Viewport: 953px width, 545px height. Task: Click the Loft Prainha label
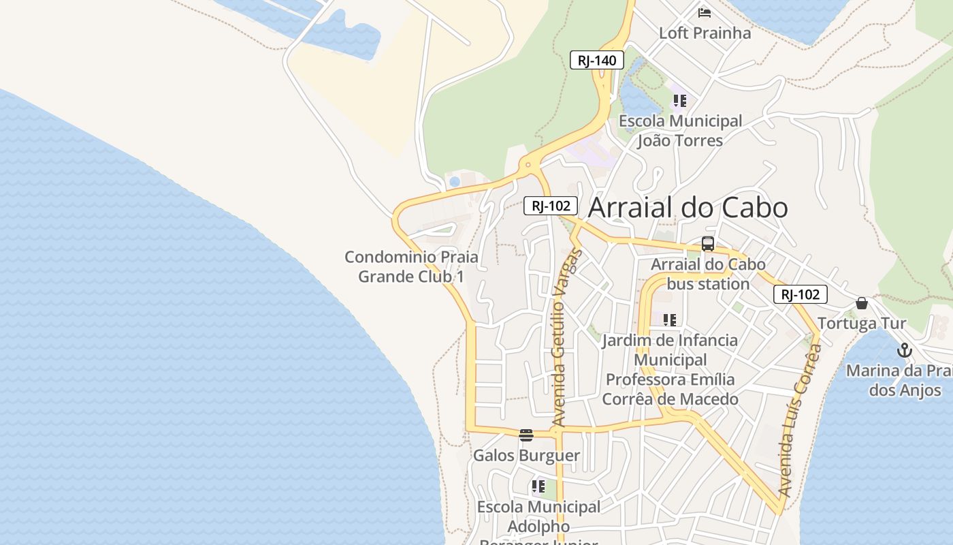coord(705,33)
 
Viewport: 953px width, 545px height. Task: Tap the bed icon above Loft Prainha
coord(705,12)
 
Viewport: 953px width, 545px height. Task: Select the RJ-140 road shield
coord(597,60)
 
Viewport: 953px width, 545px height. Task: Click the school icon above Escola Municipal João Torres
coord(679,101)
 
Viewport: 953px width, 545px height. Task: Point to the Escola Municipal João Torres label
coord(680,131)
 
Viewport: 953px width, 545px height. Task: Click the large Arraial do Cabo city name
coord(688,208)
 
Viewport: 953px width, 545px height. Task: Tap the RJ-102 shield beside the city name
coord(551,205)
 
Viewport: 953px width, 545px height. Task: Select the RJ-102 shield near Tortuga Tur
coord(801,294)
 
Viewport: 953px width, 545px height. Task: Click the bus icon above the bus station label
coord(708,244)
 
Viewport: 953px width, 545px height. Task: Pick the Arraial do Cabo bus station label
coord(708,274)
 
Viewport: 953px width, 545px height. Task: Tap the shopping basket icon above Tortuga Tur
coord(862,302)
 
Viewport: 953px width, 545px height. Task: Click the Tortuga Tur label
coord(862,323)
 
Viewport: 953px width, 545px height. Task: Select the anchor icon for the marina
coord(904,351)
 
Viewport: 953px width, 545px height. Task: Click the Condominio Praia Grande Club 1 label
coord(411,267)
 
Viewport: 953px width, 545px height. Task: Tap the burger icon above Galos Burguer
coord(526,435)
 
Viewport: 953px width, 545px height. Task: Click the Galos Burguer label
coord(526,455)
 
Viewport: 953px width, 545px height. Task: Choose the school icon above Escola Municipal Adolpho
coord(538,486)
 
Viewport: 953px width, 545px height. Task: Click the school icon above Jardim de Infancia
coord(670,320)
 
